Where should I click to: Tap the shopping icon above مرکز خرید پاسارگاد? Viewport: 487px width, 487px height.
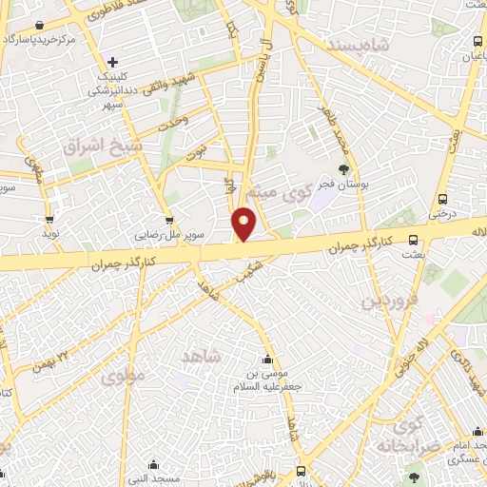point(38,26)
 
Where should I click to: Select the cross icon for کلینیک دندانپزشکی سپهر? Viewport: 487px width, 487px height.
point(112,62)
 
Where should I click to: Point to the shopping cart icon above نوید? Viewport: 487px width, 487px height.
point(49,217)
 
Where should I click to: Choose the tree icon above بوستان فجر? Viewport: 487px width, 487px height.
point(343,168)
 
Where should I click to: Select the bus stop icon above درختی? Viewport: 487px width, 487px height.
point(443,199)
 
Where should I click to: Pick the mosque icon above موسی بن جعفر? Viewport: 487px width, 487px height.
point(267,359)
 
